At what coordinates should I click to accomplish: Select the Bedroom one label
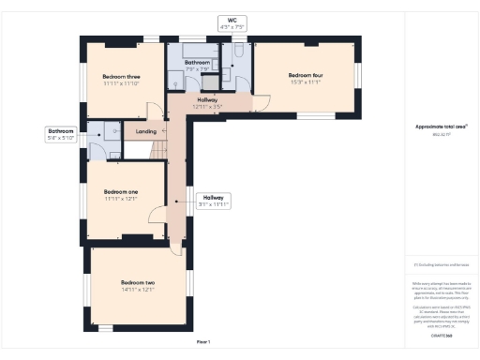click(x=121, y=191)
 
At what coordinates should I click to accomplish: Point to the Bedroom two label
click(x=137, y=282)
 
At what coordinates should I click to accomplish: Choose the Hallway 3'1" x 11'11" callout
click(x=214, y=201)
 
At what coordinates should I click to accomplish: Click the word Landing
click(x=146, y=131)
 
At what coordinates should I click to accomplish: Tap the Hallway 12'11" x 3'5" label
click(x=207, y=100)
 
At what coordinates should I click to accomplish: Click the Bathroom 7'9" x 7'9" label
click(x=197, y=66)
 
